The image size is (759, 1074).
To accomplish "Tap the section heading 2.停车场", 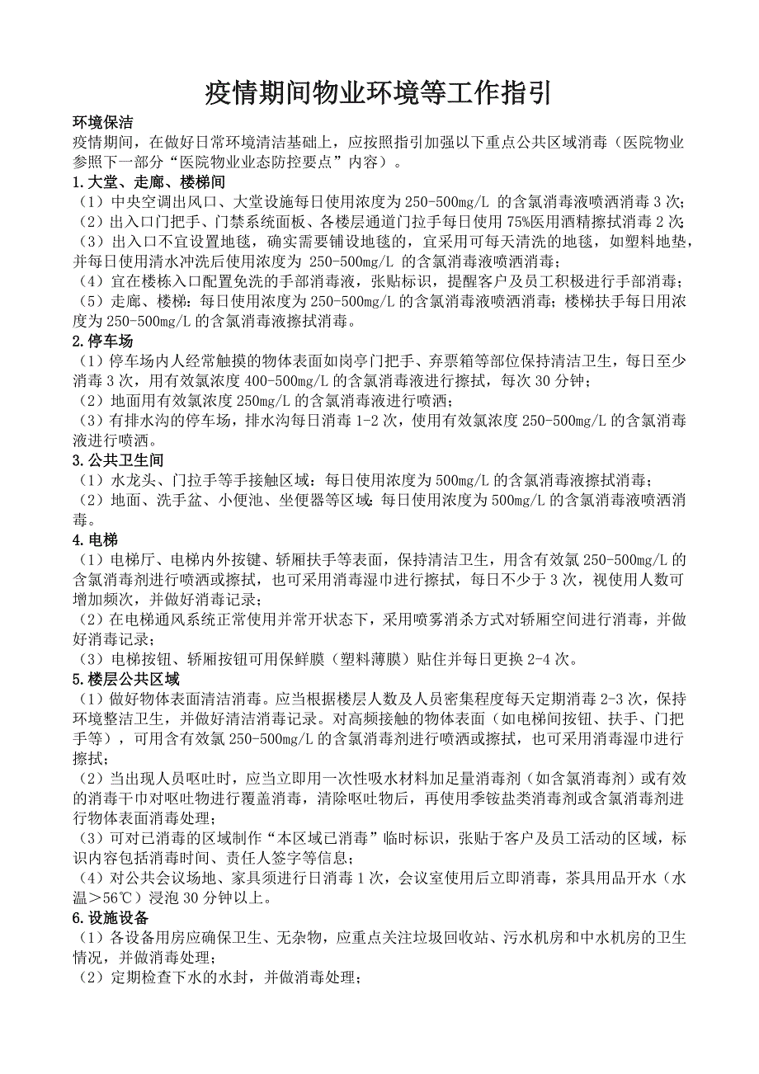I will (103, 341).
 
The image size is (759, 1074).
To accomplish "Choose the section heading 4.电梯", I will (96, 539).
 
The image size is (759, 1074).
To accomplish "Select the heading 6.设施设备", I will (111, 917).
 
